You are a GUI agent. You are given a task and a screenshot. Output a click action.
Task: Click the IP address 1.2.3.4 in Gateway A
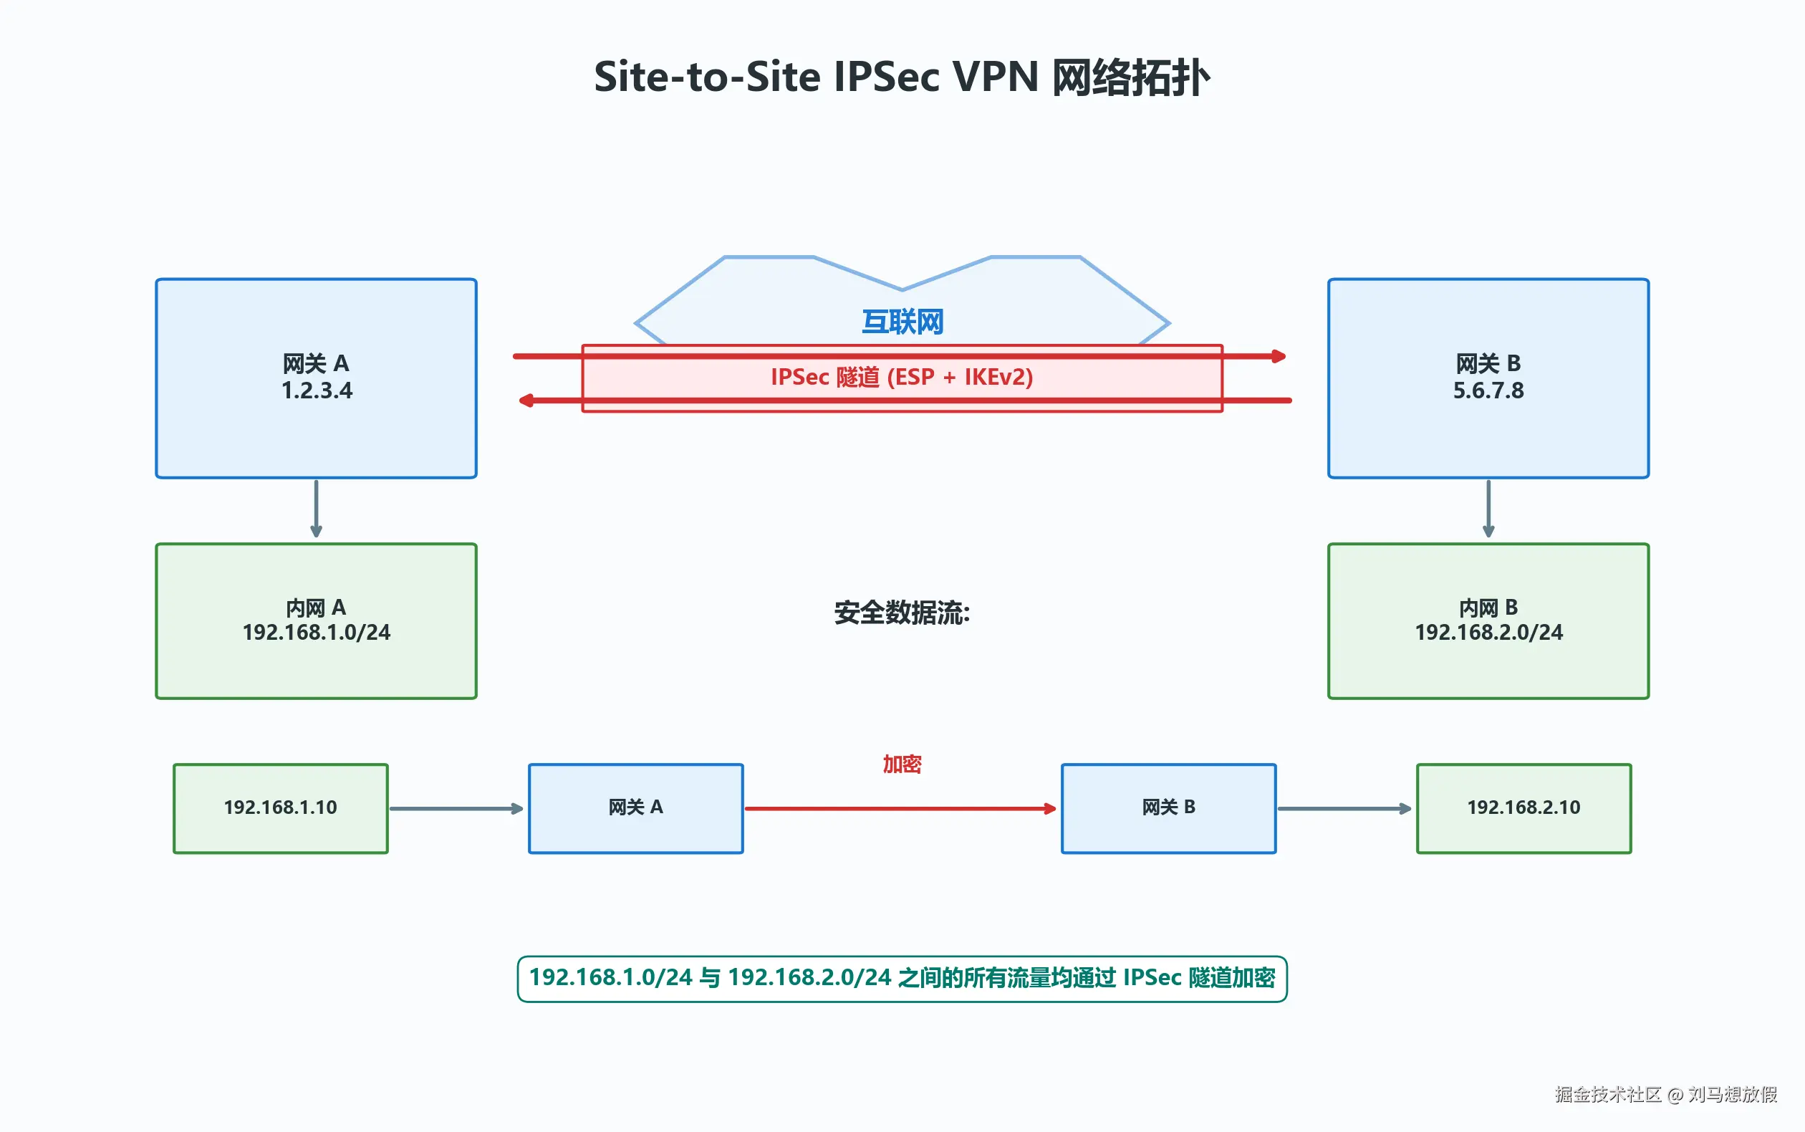click(317, 390)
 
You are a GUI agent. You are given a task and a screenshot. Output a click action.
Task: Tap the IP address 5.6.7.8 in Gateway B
click(1488, 390)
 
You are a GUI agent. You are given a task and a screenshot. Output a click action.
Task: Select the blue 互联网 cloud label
click(902, 322)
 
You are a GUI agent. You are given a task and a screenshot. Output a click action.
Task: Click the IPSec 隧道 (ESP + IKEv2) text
click(902, 377)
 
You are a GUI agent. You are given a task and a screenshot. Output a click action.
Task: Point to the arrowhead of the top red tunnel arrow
click(1280, 356)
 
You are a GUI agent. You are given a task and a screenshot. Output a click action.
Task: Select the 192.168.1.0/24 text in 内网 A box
click(317, 633)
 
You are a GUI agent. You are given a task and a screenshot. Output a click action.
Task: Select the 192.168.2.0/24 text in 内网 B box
click(1488, 633)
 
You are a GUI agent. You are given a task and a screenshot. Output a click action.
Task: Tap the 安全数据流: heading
click(902, 613)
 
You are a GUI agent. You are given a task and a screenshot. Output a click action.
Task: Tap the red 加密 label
click(902, 764)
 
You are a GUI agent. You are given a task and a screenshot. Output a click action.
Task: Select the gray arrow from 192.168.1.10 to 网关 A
click(455, 809)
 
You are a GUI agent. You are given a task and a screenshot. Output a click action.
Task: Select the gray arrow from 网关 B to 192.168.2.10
click(1344, 809)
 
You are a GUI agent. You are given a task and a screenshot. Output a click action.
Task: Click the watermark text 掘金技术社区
click(1607, 1094)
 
